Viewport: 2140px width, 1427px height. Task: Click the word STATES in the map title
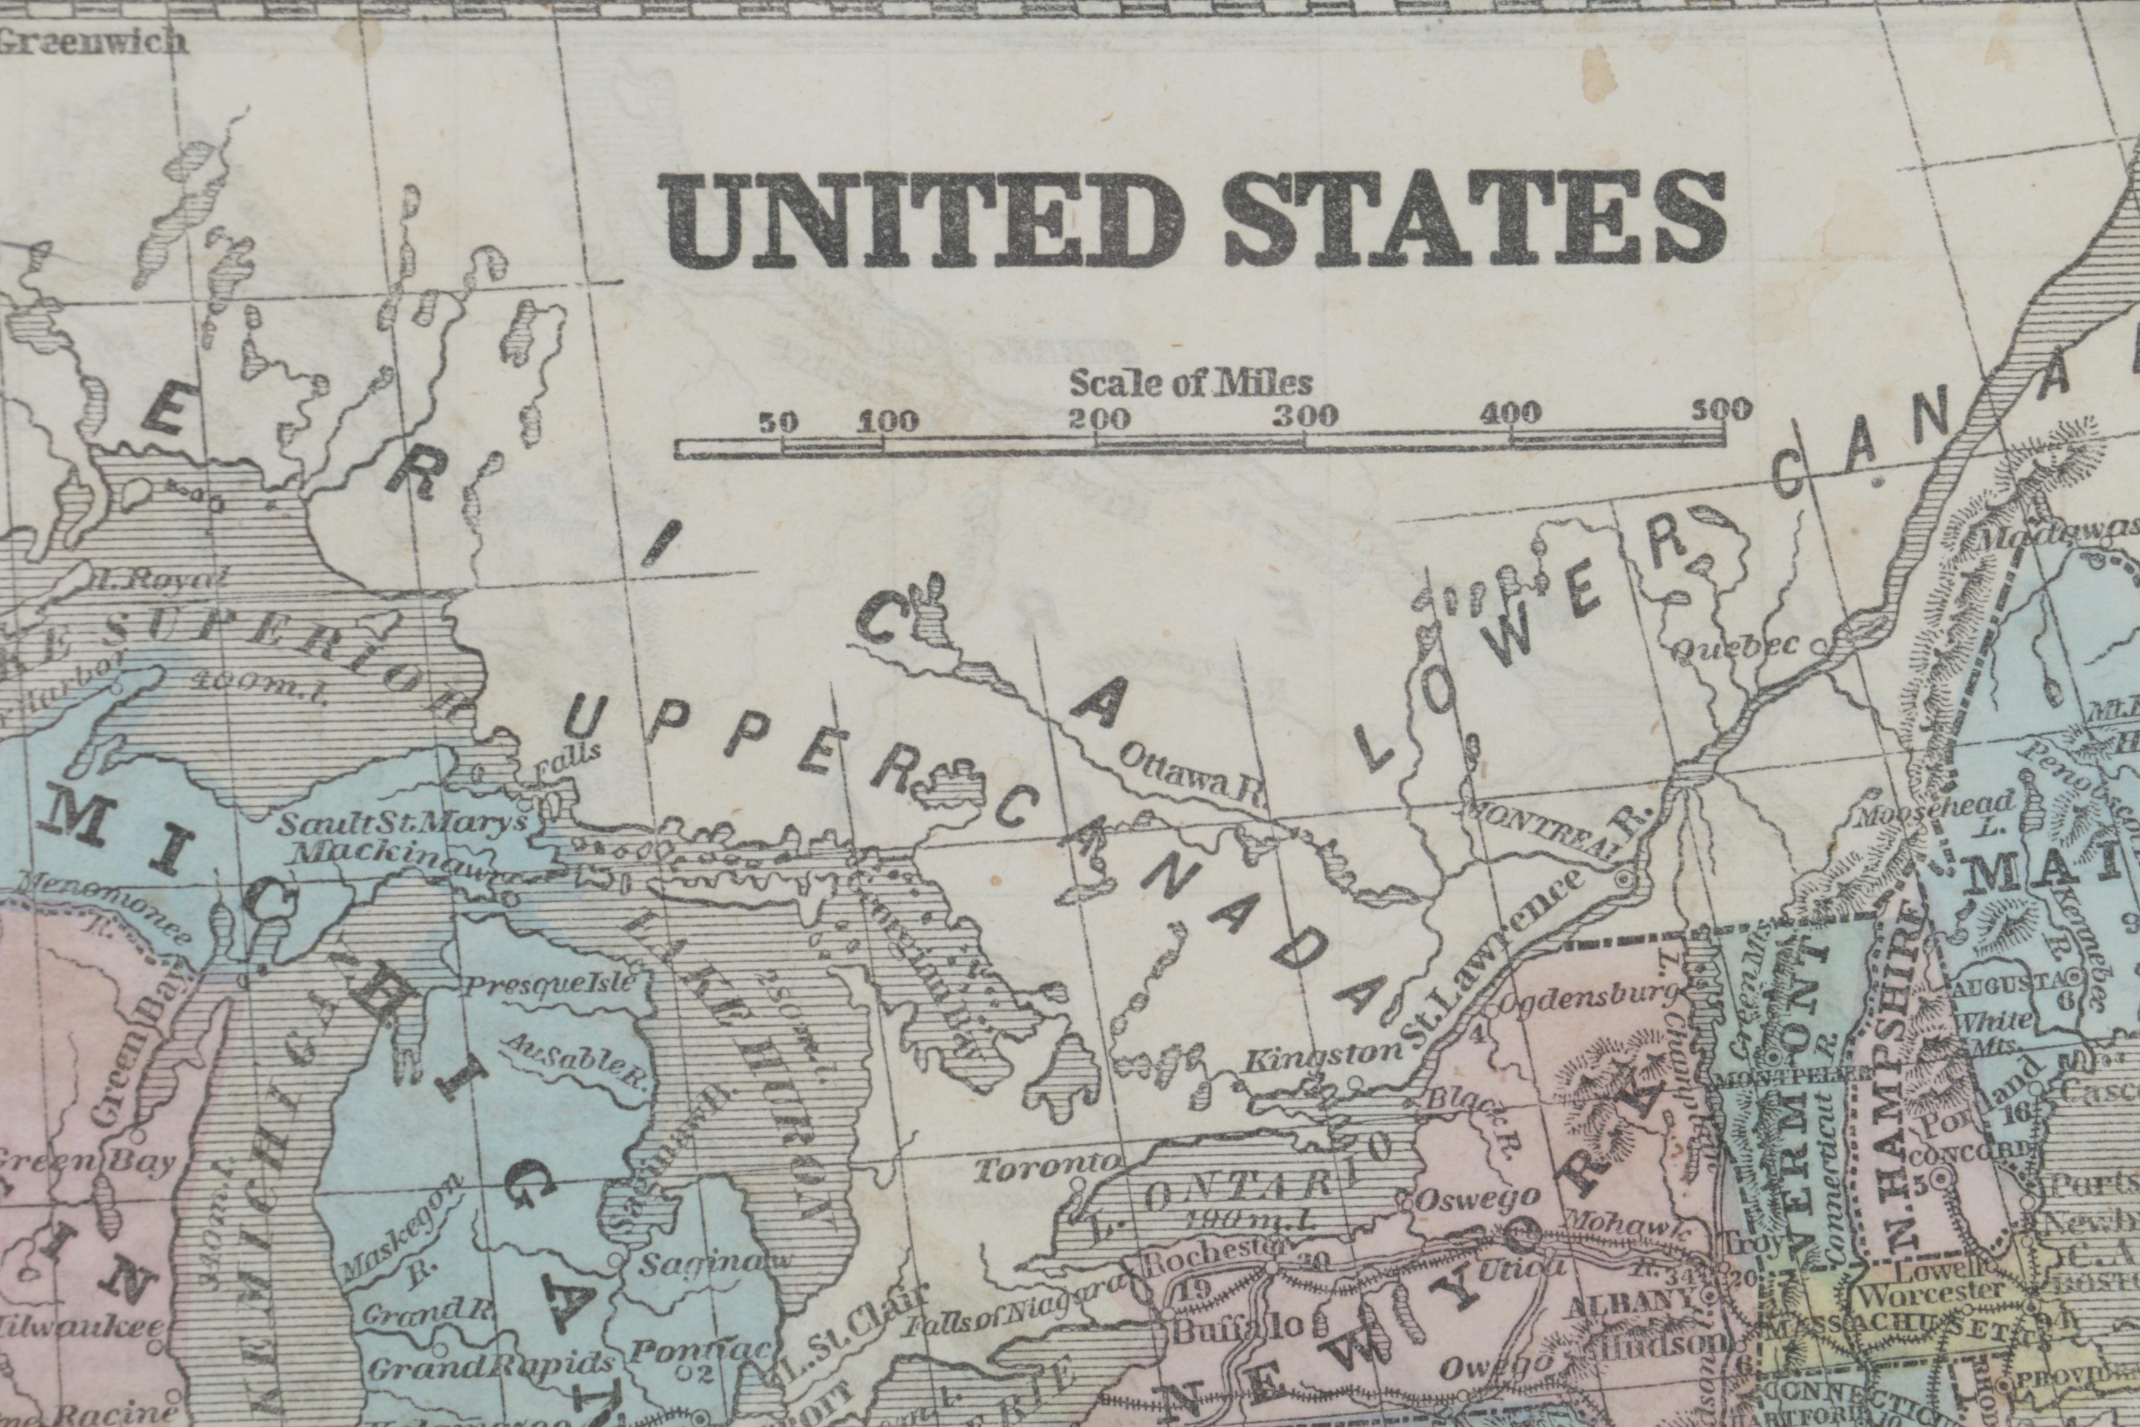coord(1474,221)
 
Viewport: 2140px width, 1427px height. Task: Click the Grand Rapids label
coord(489,1367)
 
